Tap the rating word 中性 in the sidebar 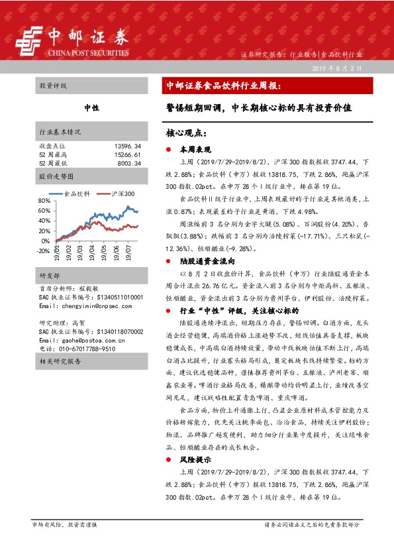click(x=91, y=107)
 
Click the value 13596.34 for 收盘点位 click(x=128, y=145)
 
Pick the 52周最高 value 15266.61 click(x=128, y=154)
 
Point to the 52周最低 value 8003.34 click(x=130, y=162)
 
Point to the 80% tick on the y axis click(x=44, y=200)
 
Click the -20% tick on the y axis click(x=43, y=251)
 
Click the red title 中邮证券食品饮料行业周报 click(x=224, y=85)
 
